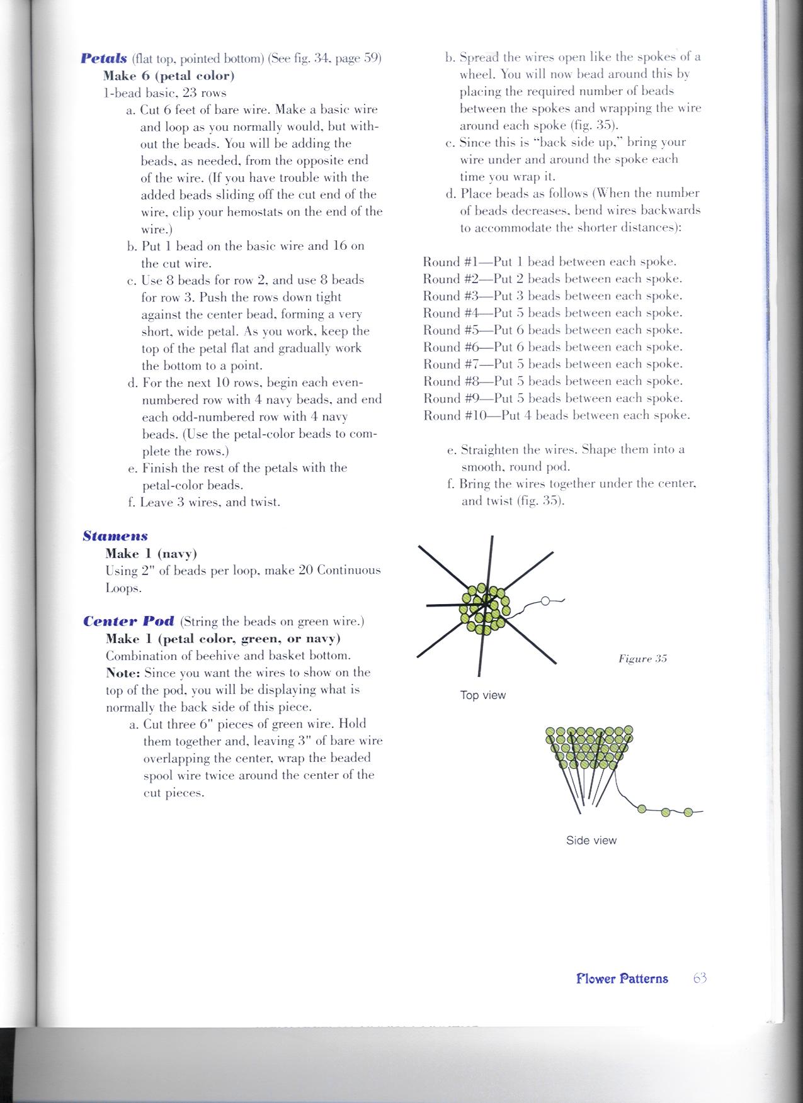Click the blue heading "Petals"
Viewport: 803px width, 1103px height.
pyautogui.click(x=104, y=59)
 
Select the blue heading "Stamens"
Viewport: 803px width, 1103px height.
pyautogui.click(x=115, y=536)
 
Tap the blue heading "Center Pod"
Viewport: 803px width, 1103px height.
pyautogui.click(x=129, y=621)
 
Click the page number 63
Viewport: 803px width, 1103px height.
pyautogui.click(x=700, y=978)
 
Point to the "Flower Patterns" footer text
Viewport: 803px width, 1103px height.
pyautogui.click(x=622, y=978)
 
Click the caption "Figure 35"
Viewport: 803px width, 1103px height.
pyautogui.click(x=642, y=659)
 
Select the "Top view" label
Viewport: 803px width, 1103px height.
pyautogui.click(x=483, y=695)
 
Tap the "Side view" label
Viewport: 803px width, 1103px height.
pyautogui.click(x=591, y=841)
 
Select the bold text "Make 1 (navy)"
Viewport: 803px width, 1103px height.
pyautogui.click(x=151, y=554)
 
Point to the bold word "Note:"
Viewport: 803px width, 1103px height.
pyautogui.click(x=123, y=673)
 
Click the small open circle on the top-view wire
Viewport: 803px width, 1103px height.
pyautogui.click(x=545, y=601)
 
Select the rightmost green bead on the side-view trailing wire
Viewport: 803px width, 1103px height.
pyautogui.click(x=688, y=812)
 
